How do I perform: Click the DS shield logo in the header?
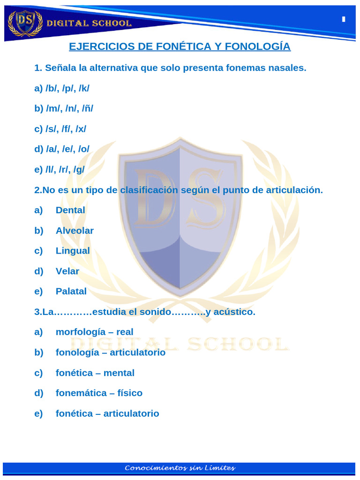25,22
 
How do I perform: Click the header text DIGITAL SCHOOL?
88,23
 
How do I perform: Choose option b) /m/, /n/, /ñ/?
64,108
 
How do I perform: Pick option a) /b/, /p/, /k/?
61,88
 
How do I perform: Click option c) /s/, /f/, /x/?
60,129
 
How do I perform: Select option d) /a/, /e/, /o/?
62,149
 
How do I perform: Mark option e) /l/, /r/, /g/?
60,170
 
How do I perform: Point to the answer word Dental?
70,210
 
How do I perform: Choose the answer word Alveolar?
75,231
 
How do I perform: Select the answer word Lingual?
73,251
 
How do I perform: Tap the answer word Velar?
67,271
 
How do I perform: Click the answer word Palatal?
71,291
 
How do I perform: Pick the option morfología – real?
95,332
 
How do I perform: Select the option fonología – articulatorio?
110,352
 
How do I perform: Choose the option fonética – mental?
95,373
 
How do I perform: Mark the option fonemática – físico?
99,393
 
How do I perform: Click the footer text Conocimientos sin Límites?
180,468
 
